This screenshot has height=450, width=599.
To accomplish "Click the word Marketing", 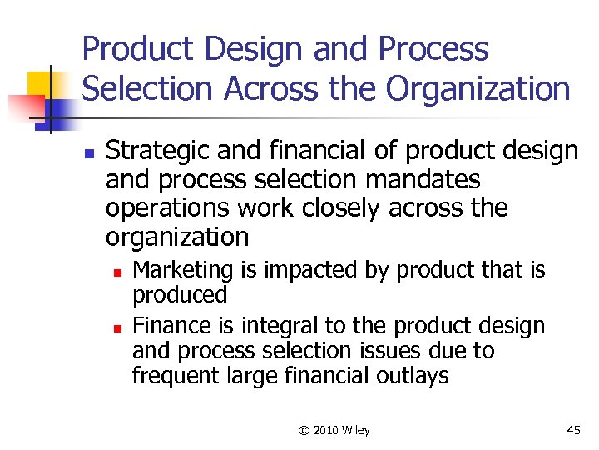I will coord(183,270).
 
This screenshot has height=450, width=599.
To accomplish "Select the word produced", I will coord(180,295).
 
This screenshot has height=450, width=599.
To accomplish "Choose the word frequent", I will coord(176,376).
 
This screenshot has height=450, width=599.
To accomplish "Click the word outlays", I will coord(410,376).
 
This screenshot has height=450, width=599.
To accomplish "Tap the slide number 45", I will coord(573,430).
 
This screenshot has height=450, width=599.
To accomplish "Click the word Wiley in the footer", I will coord(355,430).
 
